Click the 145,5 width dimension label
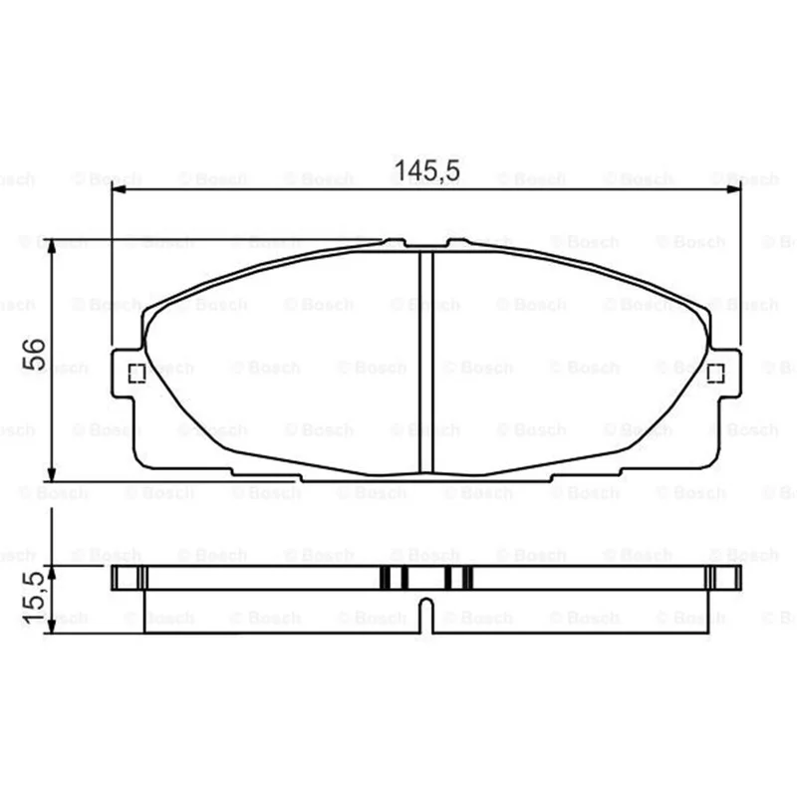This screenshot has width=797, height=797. (427, 170)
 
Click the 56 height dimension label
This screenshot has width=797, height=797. (34, 355)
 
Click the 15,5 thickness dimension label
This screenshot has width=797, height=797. (34, 598)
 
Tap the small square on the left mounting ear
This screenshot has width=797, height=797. (137, 374)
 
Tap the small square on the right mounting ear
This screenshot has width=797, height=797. (715, 374)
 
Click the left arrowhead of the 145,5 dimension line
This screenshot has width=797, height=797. (119, 189)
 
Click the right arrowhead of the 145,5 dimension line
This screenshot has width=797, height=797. (734, 189)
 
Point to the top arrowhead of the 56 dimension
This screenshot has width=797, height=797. (52, 246)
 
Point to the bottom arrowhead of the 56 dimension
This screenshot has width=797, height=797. (52, 474)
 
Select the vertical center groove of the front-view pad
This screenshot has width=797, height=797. (426, 363)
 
